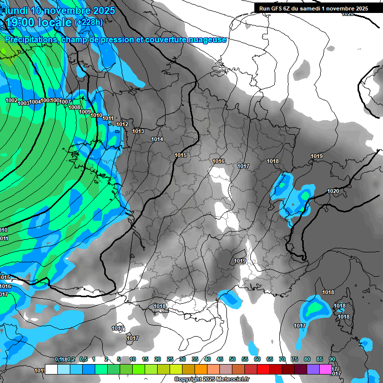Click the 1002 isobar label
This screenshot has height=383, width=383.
11,100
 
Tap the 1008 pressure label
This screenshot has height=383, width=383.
74,107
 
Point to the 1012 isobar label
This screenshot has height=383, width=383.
122,124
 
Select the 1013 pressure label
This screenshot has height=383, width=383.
138,131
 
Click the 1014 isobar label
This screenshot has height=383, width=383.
157,139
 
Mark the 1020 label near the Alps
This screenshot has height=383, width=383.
333,191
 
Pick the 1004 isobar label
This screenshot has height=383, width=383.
35,102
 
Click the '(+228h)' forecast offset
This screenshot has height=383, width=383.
89,22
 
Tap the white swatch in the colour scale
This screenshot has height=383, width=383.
51,370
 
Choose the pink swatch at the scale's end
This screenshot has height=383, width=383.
326,370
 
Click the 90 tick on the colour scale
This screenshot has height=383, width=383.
332,359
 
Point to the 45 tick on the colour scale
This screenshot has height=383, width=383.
220,359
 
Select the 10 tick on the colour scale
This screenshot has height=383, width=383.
133,359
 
